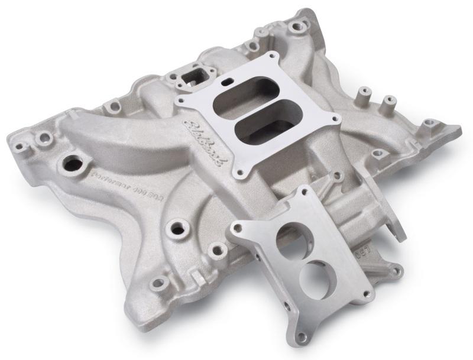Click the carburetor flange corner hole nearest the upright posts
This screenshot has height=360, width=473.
336,119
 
